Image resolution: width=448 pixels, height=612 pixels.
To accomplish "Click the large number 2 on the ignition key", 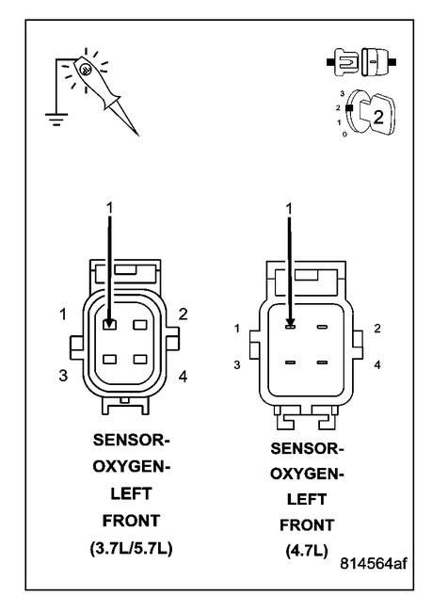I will tap(376, 117).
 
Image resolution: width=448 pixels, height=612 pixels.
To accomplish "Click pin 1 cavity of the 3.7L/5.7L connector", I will tap(111, 326).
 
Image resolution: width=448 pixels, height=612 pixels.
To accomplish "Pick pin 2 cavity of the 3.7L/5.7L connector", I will tap(141, 326).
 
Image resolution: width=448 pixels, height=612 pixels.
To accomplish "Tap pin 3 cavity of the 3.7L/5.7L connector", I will tap(111, 359).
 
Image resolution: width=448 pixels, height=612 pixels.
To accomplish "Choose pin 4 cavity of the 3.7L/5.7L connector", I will tap(141, 359).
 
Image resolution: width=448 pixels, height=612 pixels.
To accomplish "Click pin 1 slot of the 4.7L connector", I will tap(292, 328).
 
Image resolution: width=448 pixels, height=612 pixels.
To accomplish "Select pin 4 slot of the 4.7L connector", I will tap(322, 361).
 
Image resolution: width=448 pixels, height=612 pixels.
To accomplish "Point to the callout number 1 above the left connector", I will tap(111, 205).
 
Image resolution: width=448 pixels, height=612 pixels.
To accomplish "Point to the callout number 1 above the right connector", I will tap(290, 206).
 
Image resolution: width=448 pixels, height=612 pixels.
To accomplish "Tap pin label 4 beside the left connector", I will tap(183, 377).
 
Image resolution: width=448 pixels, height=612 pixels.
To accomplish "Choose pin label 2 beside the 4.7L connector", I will tap(376, 328).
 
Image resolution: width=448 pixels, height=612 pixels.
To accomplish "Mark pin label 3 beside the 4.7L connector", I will tap(238, 363).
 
